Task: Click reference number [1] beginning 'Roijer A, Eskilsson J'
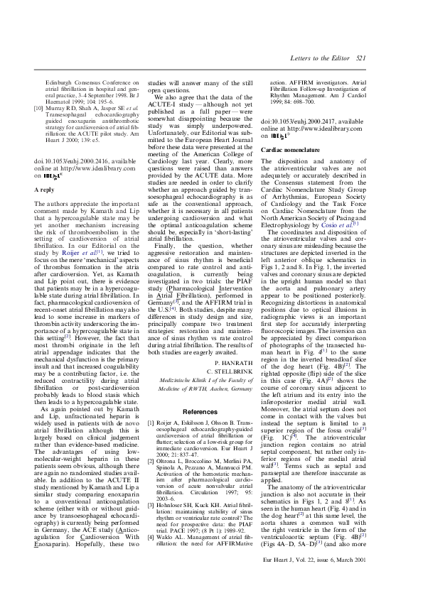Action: (150, 403)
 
